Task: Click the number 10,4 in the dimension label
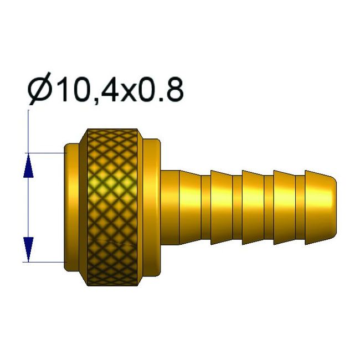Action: coord(86,90)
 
